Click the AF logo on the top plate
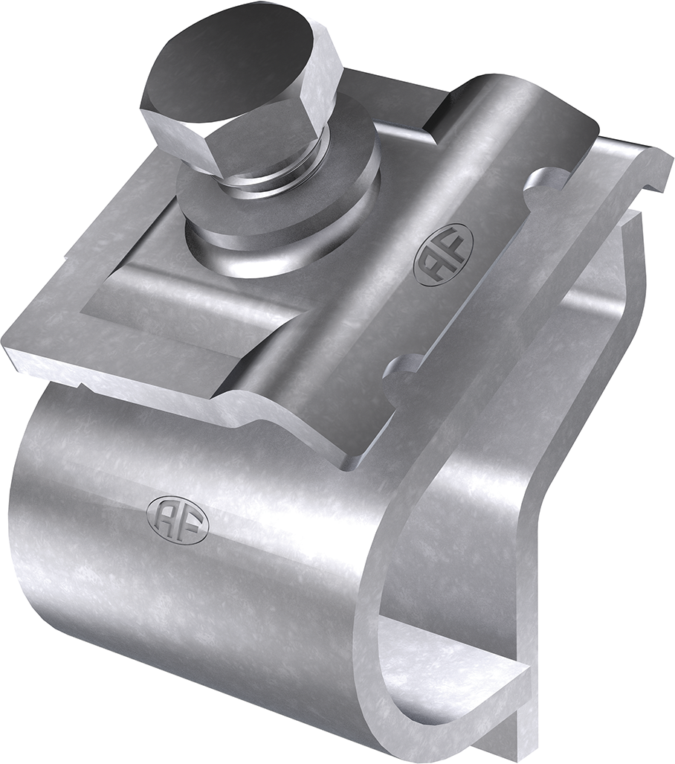pyautogui.click(x=442, y=254)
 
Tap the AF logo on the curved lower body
pyautogui.click(x=178, y=519)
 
